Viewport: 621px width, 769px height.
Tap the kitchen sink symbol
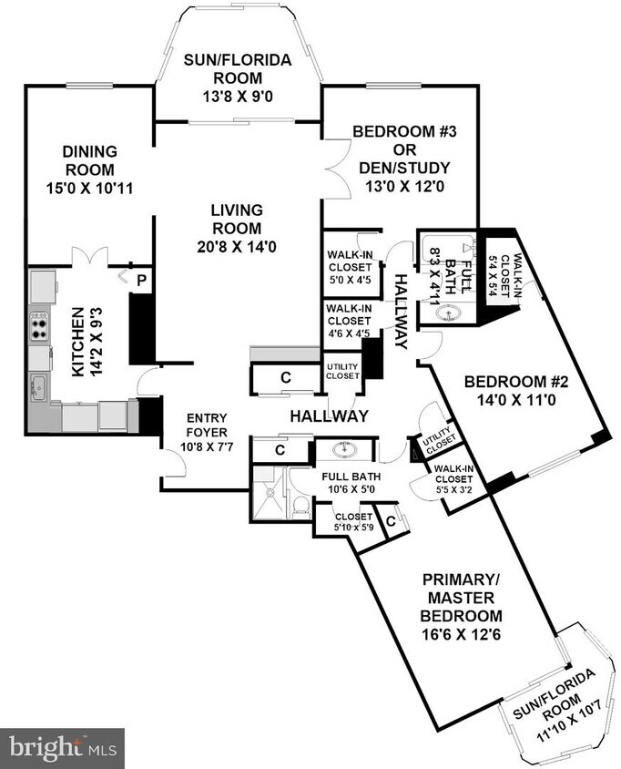38,386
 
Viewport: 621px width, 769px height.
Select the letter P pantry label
141,282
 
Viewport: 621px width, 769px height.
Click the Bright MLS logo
61,748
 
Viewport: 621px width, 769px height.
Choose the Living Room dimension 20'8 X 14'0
236,247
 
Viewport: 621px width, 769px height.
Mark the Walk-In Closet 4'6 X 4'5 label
349,322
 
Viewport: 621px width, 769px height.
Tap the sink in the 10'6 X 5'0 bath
344,450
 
